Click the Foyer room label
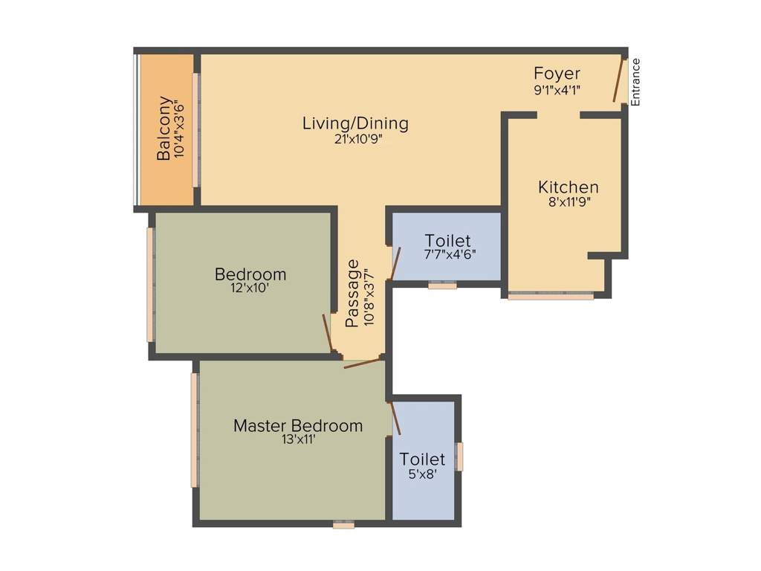pyautogui.click(x=557, y=74)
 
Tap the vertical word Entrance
pyautogui.click(x=635, y=82)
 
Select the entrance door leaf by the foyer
pyautogui.click(x=618, y=80)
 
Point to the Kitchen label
pyautogui.click(x=569, y=187)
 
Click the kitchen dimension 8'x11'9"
pyautogui.click(x=569, y=201)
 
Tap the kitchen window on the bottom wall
pyautogui.click(x=551, y=296)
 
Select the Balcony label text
pyautogui.click(x=164, y=129)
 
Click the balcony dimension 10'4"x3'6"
pyautogui.click(x=178, y=129)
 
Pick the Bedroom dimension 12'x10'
pyautogui.click(x=250, y=288)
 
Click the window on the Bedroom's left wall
pyautogui.click(x=150, y=285)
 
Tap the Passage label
pyautogui.click(x=352, y=293)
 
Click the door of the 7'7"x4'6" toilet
pyautogui.click(x=395, y=263)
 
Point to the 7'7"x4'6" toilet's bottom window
pyautogui.click(x=442, y=284)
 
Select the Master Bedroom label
pyautogui.click(x=298, y=425)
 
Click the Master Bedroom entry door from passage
pyautogui.click(x=362, y=364)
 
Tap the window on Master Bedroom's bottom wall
pyautogui.click(x=343, y=524)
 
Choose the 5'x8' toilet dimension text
pyautogui.click(x=422, y=474)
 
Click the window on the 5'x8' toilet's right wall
pyautogui.click(x=459, y=457)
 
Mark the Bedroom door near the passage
pyautogui.click(x=327, y=333)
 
